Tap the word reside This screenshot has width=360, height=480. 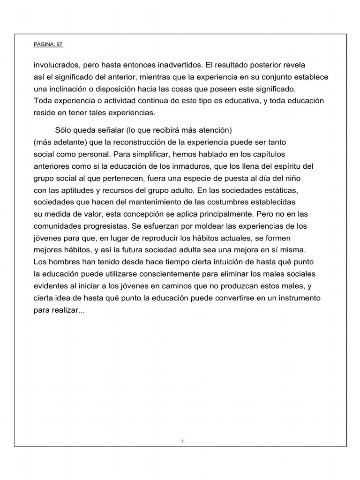pyautogui.click(x=44, y=112)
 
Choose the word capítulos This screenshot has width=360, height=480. pyautogui.click(x=268, y=154)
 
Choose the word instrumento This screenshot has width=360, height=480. pyautogui.click(x=297, y=298)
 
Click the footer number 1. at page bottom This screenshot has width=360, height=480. pyautogui.click(x=183, y=441)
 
